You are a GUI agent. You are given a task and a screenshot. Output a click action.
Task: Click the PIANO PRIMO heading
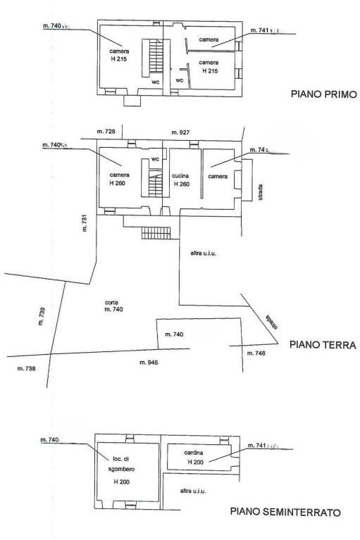coord(321,94)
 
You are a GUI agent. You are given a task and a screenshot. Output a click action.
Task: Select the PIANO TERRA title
coord(322,345)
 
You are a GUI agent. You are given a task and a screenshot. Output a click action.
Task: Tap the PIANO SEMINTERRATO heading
coord(285,512)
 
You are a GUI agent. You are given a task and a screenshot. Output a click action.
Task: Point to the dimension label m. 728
coord(105,132)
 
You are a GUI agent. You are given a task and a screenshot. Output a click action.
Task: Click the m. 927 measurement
coord(181,132)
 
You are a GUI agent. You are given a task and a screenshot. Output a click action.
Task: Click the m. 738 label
coord(26,368)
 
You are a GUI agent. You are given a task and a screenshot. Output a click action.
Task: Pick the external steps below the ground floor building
coord(156,233)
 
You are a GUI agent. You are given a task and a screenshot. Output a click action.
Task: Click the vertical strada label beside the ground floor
coord(261,191)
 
